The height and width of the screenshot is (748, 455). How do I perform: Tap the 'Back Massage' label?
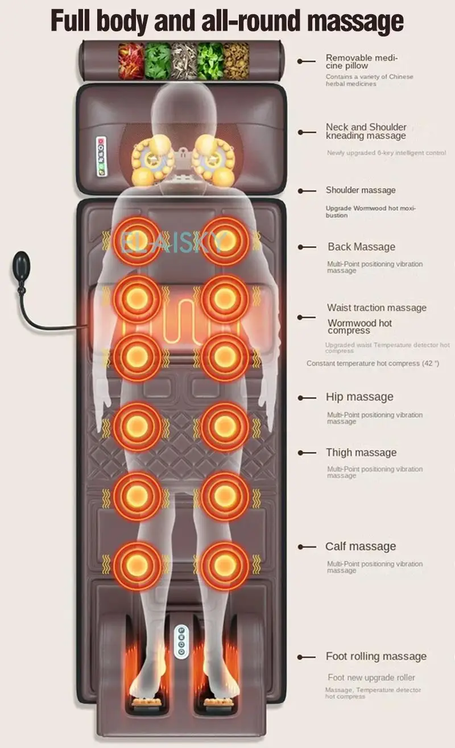click(361, 247)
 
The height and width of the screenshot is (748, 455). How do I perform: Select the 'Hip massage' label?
click(359, 397)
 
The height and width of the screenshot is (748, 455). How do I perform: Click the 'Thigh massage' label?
click(361, 453)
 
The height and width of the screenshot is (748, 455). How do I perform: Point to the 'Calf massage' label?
click(361, 547)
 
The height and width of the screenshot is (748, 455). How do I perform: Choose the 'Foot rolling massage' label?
click(376, 656)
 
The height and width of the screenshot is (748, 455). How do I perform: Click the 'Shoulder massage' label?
click(361, 190)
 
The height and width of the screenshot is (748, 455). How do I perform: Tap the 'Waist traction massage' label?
click(377, 308)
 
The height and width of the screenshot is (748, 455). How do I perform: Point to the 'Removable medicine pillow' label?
click(362, 61)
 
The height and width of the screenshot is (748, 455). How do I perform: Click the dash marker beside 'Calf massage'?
click(307, 547)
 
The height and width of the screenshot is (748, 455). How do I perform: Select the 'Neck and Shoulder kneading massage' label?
click(366, 131)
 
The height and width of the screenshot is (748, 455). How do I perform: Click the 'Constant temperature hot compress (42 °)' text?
click(373, 363)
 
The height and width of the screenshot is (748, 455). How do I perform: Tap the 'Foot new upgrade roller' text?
click(371, 677)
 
